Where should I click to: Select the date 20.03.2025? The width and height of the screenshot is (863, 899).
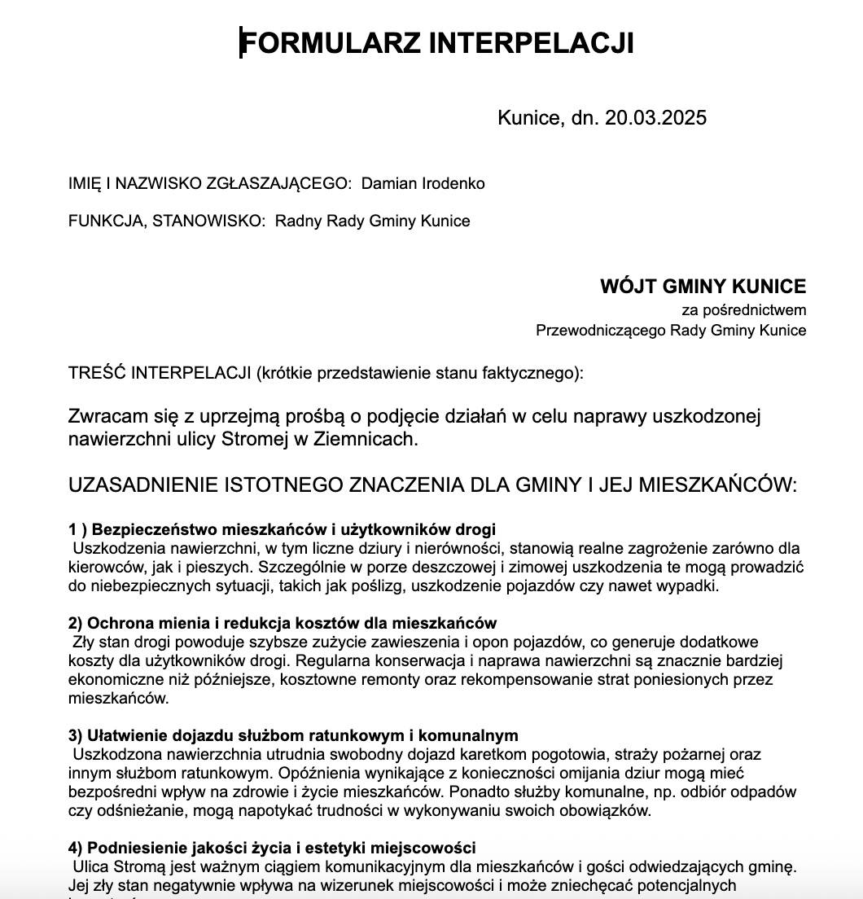click(x=655, y=118)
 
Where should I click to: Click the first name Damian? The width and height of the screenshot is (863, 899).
click(x=388, y=183)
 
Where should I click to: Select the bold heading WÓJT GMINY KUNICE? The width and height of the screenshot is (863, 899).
click(x=703, y=287)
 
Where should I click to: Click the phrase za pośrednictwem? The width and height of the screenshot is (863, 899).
click(x=744, y=309)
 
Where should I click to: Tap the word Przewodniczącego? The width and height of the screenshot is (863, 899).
click(x=601, y=330)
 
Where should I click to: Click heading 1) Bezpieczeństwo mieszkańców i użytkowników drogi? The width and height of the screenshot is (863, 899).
click(x=282, y=529)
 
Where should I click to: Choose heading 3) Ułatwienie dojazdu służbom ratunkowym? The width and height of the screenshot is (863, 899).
click(x=293, y=735)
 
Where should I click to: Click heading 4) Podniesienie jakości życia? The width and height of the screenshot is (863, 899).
click(x=273, y=848)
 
